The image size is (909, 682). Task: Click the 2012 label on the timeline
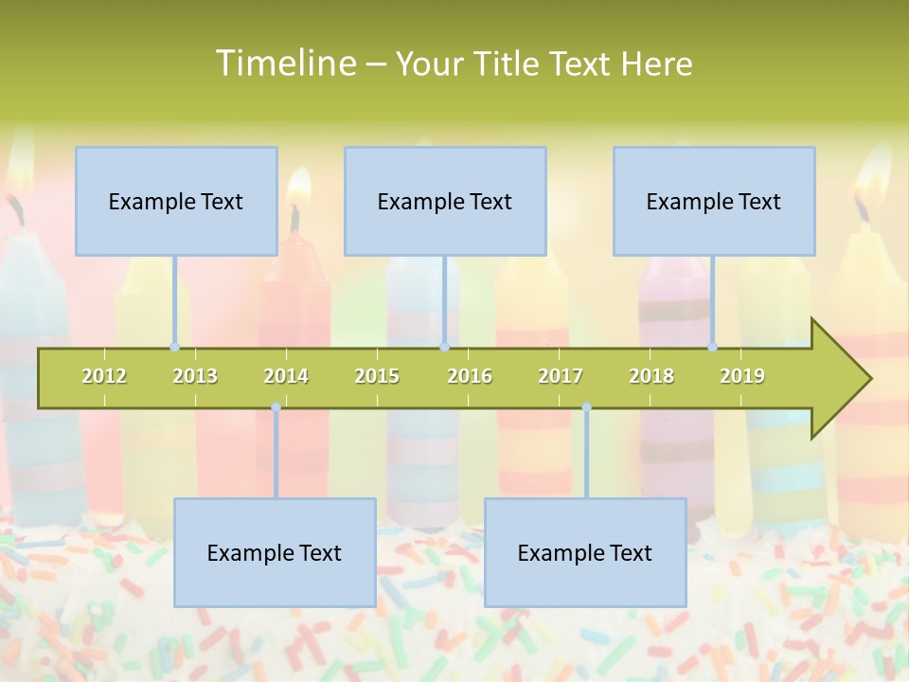coord(104,376)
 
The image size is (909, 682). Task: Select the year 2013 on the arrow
coord(195,376)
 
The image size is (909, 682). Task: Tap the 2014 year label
coord(286,376)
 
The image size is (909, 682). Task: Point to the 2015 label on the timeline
coord(377,376)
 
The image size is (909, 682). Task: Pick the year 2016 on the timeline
coord(470,376)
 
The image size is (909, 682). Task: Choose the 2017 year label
coord(561,376)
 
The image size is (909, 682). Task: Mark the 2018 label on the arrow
coord(651,376)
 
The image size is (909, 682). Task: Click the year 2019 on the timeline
coord(742,376)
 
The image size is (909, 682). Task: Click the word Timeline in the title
coord(283,63)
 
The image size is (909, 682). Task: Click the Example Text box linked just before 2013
coord(176,201)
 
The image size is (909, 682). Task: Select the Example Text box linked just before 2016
coord(445,201)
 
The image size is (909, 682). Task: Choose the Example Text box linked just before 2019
coord(714,201)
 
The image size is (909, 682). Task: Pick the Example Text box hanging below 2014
coord(275,552)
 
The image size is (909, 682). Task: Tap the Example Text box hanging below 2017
coord(585,552)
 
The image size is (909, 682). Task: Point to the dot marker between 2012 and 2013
coord(174,348)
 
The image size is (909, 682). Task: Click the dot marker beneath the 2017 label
coord(586,407)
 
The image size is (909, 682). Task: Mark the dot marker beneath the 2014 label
coord(276,407)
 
